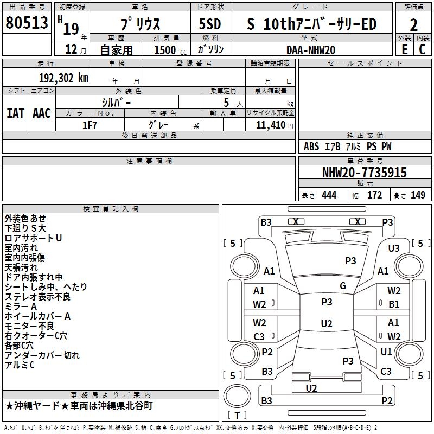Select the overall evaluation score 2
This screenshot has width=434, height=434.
(x=413, y=25)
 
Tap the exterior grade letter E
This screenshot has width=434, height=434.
(x=404, y=49)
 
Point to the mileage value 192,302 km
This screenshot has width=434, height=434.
(x=63, y=78)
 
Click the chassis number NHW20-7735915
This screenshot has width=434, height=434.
(x=364, y=173)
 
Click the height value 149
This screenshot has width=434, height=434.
(x=418, y=195)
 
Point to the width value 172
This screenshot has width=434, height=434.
(x=375, y=195)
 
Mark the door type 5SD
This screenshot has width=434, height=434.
(x=210, y=25)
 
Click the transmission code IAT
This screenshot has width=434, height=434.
(x=15, y=113)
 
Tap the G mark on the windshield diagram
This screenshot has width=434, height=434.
(x=343, y=286)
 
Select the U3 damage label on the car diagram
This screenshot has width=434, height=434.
(x=393, y=248)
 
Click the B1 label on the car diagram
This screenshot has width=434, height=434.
(x=394, y=304)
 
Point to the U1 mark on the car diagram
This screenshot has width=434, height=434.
(x=386, y=352)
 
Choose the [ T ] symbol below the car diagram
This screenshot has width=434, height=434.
(x=237, y=415)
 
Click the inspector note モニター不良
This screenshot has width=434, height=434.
(x=29, y=326)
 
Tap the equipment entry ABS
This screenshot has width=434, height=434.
(x=311, y=146)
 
